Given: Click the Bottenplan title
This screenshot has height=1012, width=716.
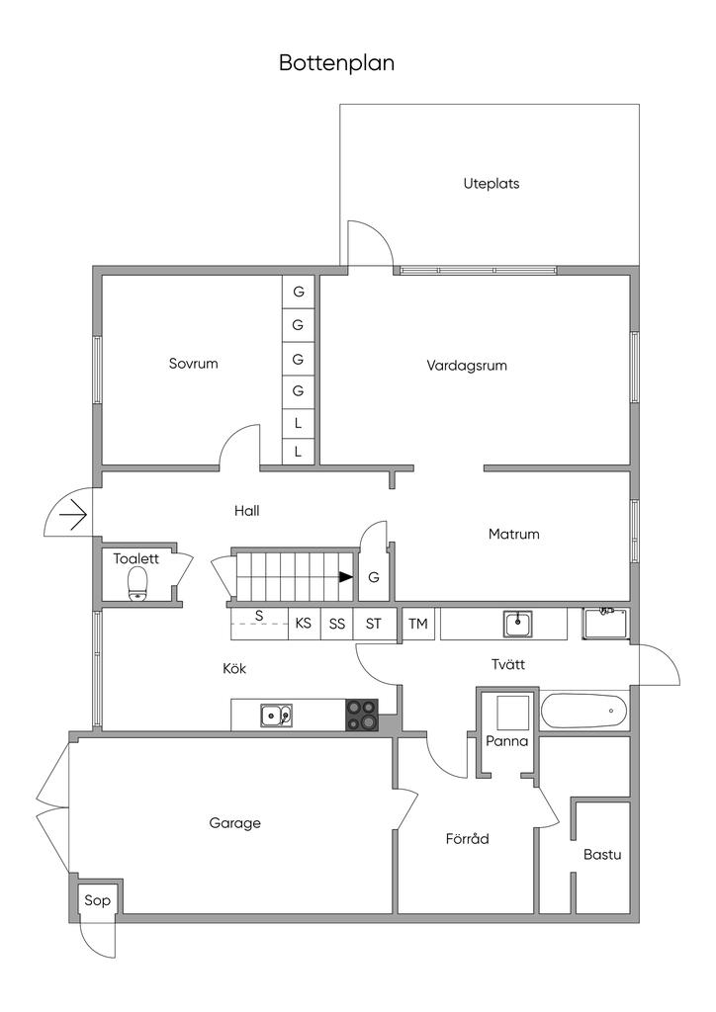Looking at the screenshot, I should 336,63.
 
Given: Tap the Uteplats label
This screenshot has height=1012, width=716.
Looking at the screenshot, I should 492,183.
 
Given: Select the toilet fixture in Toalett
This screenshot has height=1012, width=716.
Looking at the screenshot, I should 137,583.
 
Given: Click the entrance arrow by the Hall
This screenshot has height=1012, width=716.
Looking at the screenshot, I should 72,514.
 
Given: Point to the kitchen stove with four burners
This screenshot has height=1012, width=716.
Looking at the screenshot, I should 362,715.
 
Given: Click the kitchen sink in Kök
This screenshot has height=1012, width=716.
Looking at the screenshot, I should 276,714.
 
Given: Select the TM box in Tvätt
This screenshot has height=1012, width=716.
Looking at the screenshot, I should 418,624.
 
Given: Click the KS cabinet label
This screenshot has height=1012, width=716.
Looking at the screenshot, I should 304,624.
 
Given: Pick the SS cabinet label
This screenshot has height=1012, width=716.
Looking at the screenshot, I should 337,624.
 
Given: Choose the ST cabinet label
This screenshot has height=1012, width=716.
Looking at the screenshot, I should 373,624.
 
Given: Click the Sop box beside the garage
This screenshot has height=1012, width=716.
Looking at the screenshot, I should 97,900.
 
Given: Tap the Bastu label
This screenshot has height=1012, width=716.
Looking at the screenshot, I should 602,854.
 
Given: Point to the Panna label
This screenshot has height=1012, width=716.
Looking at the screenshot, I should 507,741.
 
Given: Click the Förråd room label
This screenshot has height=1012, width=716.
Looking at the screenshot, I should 468,839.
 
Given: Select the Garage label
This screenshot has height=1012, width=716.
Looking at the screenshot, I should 235,822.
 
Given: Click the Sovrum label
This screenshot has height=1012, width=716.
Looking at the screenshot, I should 193,364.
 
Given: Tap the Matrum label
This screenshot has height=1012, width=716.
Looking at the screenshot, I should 514,534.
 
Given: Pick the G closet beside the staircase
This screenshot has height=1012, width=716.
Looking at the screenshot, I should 374,578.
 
